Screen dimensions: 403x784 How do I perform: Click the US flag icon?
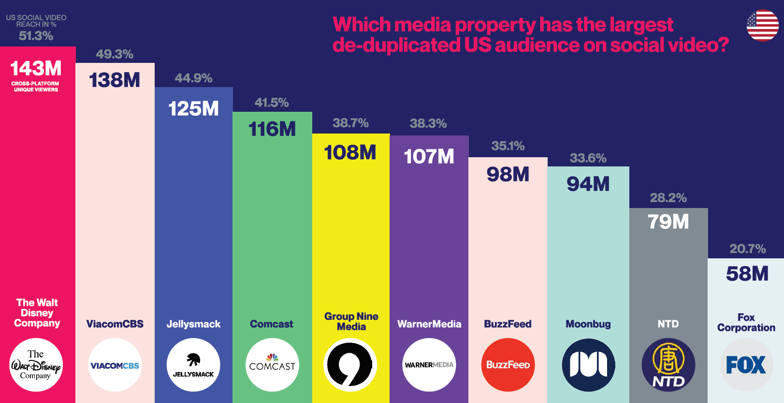762,26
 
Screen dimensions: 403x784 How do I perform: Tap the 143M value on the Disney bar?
36,69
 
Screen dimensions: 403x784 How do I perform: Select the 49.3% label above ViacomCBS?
115,54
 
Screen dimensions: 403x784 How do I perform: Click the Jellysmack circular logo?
193,365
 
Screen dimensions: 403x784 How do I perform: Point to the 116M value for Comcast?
272,129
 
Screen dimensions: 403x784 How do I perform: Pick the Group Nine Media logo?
350,365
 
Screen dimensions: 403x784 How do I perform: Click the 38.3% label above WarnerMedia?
428,124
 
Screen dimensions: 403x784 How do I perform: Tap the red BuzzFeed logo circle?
508,365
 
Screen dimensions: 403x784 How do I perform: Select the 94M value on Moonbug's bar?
588,184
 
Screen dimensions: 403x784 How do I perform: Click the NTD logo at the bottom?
668,365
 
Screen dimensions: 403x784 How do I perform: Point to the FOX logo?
746,365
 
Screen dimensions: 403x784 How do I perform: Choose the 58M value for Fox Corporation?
747,274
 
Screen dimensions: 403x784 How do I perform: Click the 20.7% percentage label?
748,249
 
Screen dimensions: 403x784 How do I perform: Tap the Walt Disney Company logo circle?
36,365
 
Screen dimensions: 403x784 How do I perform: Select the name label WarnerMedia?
429,324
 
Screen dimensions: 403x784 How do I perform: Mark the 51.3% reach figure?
36,36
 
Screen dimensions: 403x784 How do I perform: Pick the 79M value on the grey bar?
668,222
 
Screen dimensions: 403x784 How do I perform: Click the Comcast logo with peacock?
272,365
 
